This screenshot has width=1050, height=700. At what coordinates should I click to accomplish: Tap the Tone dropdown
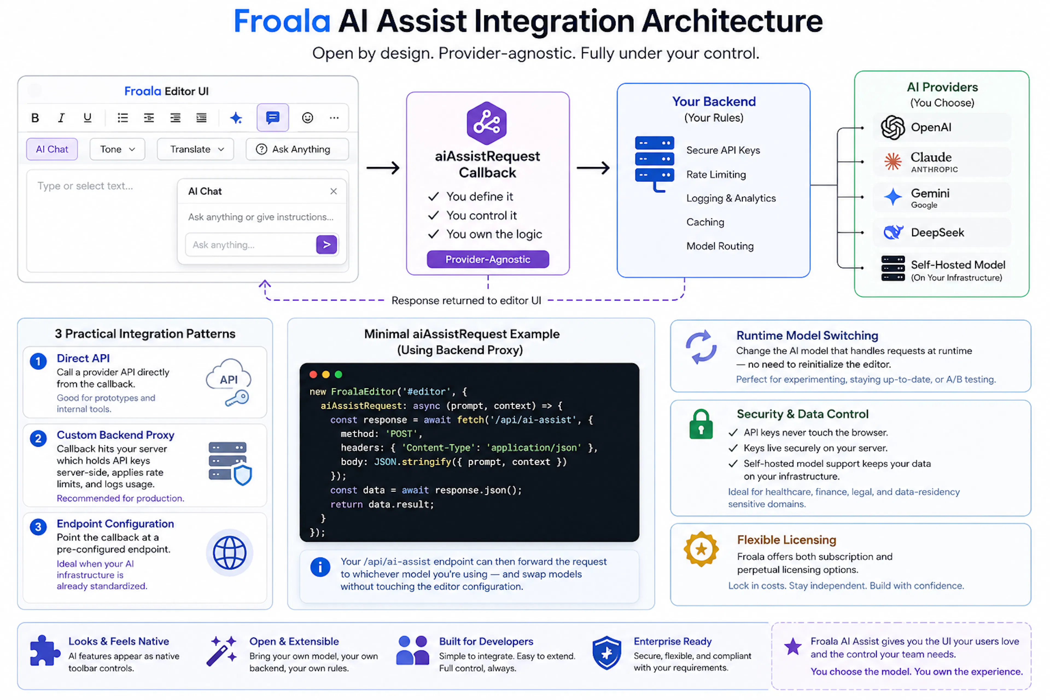coord(117,149)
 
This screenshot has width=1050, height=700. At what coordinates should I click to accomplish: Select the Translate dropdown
coord(196,149)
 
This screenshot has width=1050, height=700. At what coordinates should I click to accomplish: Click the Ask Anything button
coord(297,149)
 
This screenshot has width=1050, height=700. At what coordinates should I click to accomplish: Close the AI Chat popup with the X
coord(334,191)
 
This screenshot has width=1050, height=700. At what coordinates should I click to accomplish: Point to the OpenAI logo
coord(893,127)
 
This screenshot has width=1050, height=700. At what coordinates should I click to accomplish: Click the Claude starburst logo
coord(893,161)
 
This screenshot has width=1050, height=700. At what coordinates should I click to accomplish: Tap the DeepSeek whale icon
coord(893,232)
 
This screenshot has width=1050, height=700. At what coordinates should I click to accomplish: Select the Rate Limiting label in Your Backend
coord(716,174)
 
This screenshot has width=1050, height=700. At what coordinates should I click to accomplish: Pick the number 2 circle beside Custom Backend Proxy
coord(38,438)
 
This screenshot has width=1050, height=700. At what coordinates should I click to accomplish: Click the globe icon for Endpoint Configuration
coord(229,553)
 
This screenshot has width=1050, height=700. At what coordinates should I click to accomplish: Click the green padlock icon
coord(701,424)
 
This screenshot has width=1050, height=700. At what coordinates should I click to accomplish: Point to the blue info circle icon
coord(320,567)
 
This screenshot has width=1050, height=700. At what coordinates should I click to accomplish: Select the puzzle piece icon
coord(45,651)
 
